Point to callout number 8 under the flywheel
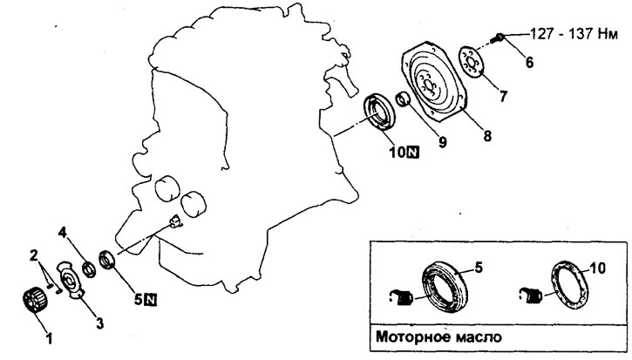[487, 137]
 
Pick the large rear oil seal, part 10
[379, 116]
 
